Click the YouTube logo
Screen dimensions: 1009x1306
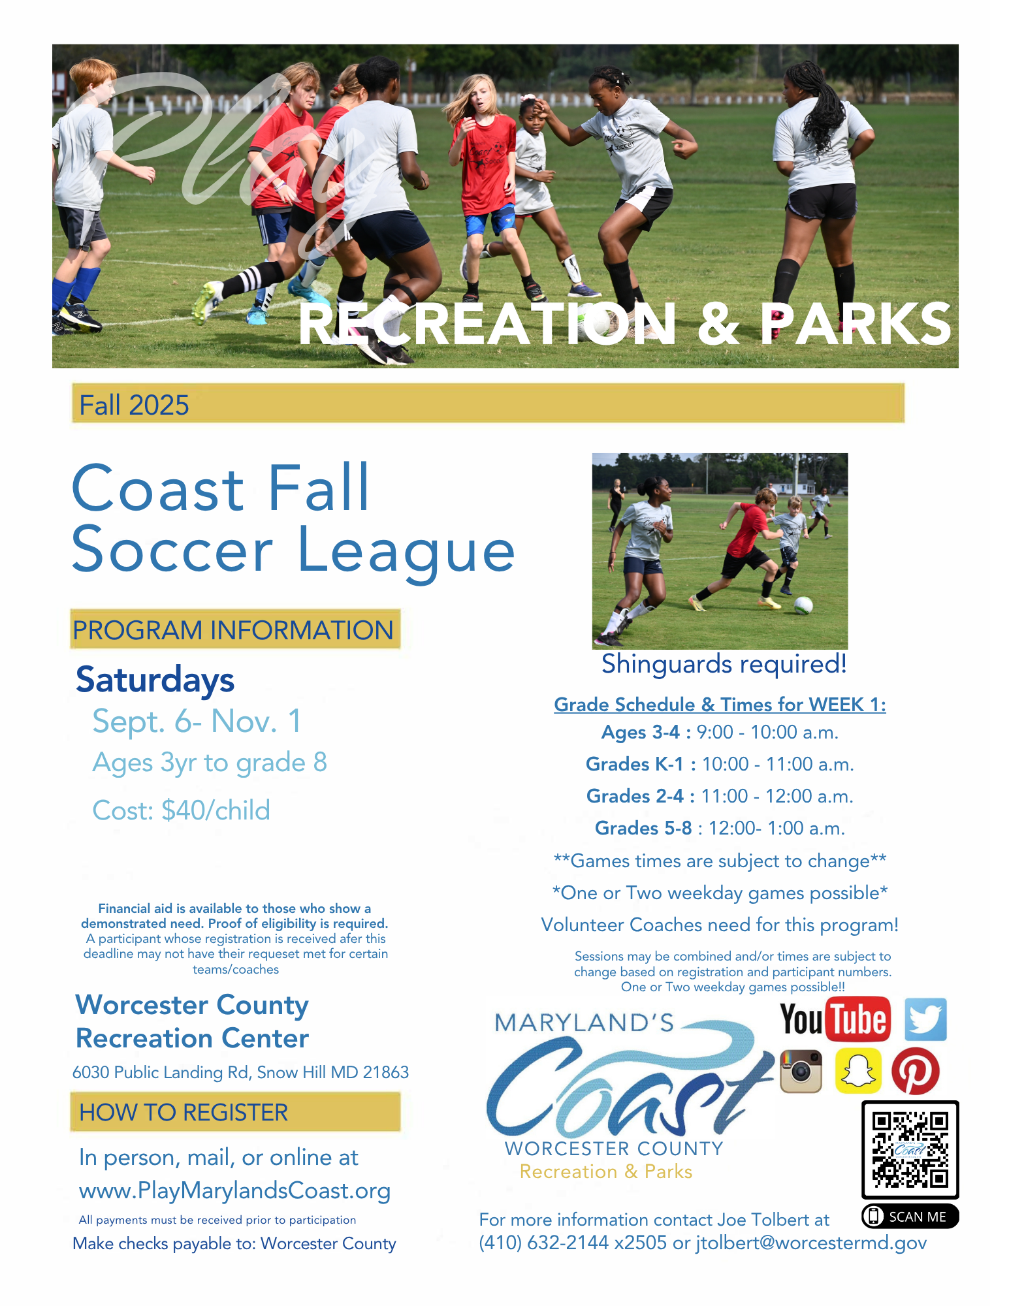[x=835, y=1019]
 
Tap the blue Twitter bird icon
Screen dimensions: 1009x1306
[x=925, y=1019]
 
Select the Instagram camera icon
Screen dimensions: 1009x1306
[x=801, y=1071]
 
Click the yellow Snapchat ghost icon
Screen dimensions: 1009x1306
[x=858, y=1071]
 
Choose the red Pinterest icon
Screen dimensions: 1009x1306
[x=916, y=1071]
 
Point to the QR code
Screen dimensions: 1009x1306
[x=910, y=1150]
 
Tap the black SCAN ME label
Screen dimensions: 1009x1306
[x=910, y=1217]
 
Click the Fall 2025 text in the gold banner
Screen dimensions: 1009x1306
[x=134, y=405]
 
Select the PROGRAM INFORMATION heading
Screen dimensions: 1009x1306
[x=233, y=630]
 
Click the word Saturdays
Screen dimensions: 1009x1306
[x=155, y=680]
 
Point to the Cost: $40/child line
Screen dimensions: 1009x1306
[x=181, y=810]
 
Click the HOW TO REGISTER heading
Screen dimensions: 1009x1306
[x=184, y=1112]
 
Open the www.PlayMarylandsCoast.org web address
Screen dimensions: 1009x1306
[x=234, y=1190]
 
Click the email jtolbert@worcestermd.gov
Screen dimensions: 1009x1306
[x=811, y=1243]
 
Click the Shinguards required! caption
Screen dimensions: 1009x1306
[x=724, y=664]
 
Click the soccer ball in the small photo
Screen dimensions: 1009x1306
[x=803, y=605]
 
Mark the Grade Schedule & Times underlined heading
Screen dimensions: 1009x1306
[x=720, y=705]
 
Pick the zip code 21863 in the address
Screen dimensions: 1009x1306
[x=386, y=1072]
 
